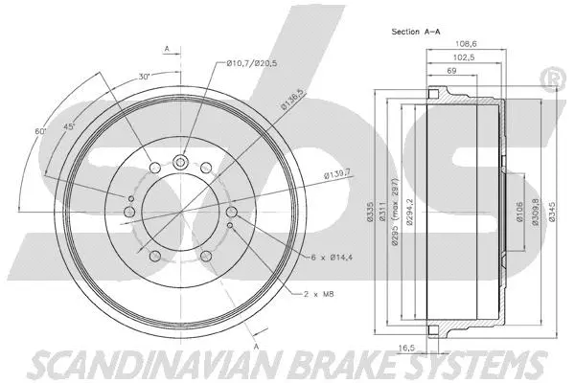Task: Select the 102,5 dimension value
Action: point(460,57)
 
